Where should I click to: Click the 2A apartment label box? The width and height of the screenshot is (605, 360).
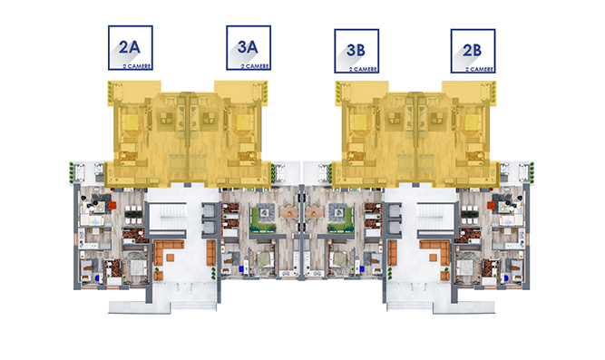(131, 48)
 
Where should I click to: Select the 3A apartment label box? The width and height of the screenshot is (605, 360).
(249, 48)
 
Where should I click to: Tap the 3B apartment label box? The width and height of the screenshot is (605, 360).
(356, 51)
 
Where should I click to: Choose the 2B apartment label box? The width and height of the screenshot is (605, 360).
(473, 51)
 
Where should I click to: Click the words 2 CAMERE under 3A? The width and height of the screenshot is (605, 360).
(255, 66)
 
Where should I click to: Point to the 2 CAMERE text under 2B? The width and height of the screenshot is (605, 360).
(479, 70)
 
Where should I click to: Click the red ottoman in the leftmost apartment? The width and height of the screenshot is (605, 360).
(112, 205)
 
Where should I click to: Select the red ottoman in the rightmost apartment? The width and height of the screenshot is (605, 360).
(491, 205)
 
